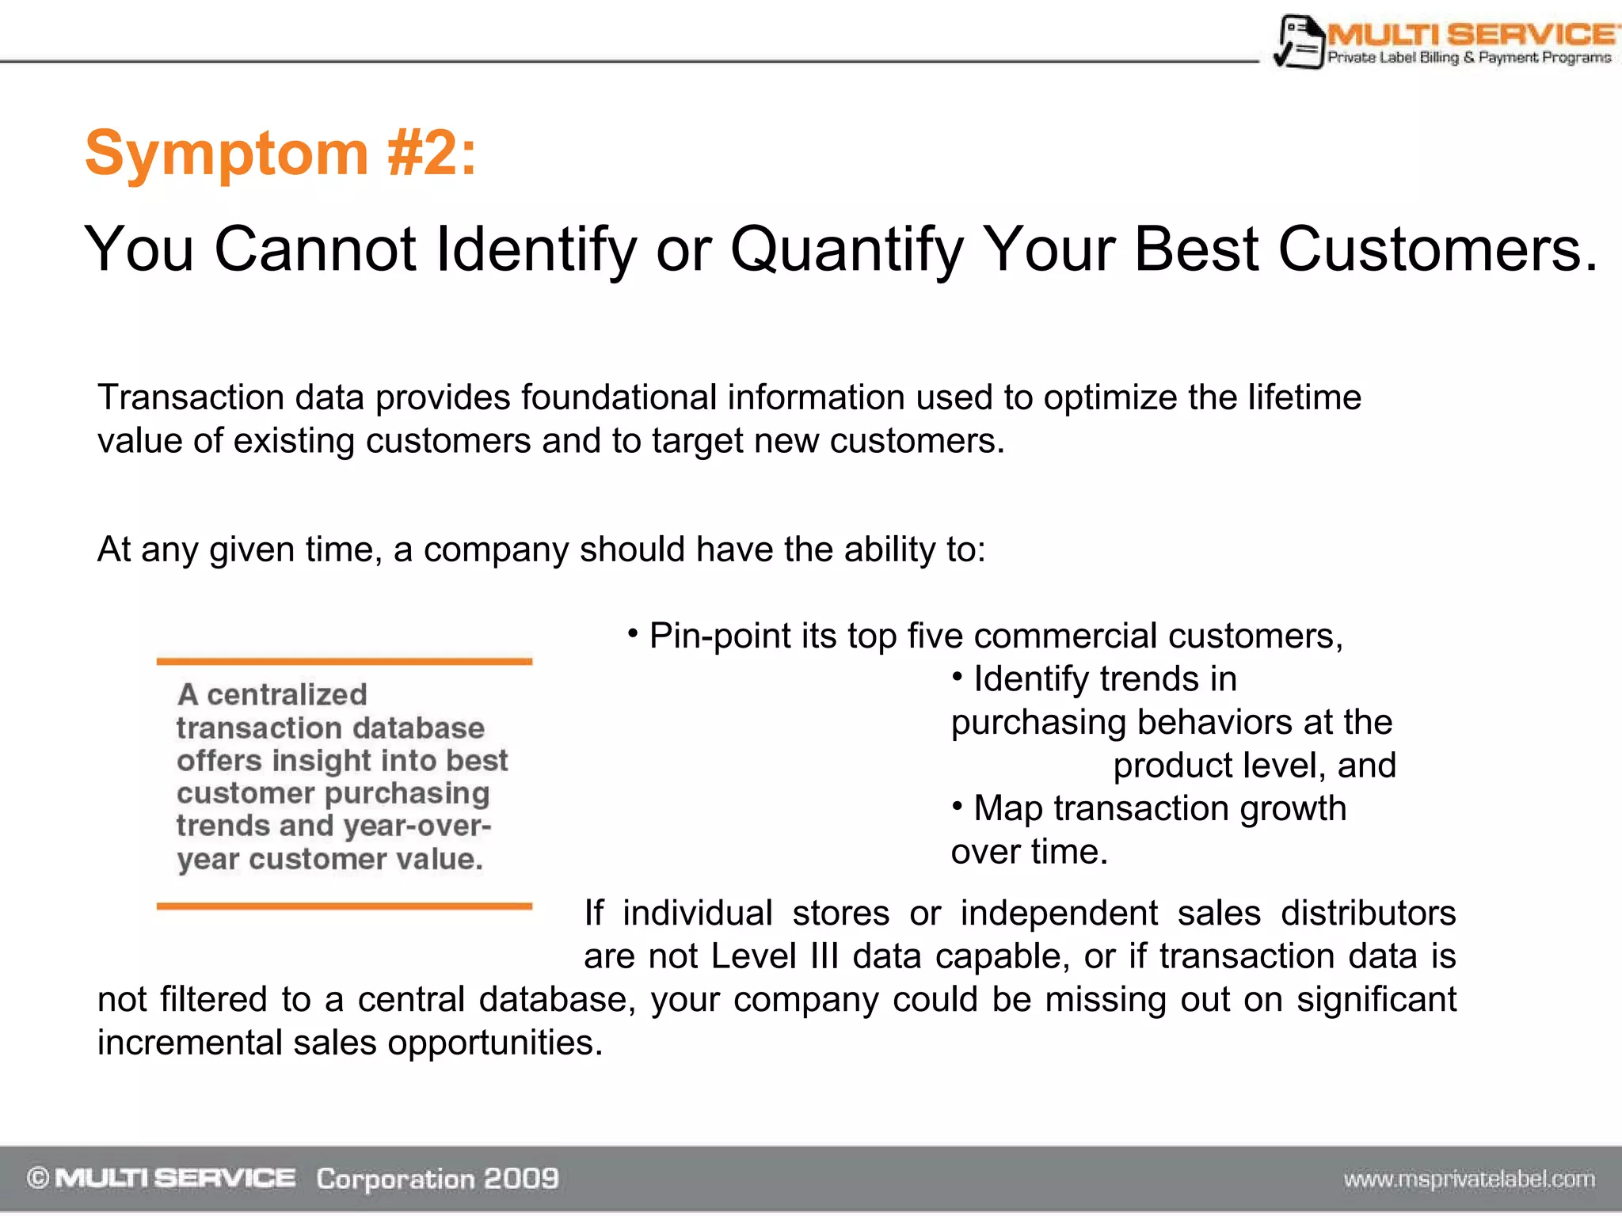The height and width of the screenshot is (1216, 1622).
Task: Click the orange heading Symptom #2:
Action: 280,153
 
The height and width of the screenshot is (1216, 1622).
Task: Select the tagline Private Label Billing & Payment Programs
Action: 1469,58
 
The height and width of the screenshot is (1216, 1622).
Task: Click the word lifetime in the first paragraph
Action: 1304,397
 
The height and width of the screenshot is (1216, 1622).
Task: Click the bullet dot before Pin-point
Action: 633,633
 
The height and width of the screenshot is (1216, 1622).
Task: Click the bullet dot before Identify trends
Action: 958,676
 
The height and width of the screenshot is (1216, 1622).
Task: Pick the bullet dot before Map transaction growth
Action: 958,806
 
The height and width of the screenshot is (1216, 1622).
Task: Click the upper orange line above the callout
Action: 344,661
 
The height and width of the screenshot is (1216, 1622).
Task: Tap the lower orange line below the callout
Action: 344,906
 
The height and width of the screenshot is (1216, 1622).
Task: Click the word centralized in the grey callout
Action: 287,695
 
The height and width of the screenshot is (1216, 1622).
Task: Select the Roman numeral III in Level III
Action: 824,956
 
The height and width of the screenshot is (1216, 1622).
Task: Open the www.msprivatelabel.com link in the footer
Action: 1469,1180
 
